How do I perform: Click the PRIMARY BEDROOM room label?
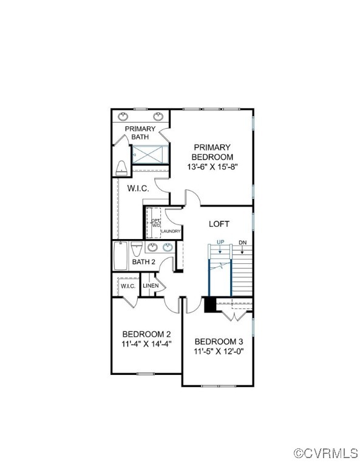coord(212,152)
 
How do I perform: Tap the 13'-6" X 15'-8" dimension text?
coord(212,167)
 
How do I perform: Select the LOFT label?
coord(219,224)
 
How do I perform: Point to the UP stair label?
coord(220,242)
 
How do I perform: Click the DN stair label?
coord(243,243)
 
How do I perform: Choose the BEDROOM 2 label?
coord(146,334)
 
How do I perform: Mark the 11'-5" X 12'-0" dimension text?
coord(219,351)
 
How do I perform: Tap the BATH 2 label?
coord(144,262)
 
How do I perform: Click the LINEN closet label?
coord(151,286)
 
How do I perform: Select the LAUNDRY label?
coord(171,231)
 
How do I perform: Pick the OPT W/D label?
coord(156,223)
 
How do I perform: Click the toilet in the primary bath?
coord(121,168)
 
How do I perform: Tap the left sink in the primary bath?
coord(123,116)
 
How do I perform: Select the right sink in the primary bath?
coord(158,116)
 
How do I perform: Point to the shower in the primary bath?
coord(150,155)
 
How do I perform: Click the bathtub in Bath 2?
coord(121,255)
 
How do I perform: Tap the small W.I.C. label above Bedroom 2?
coord(128,286)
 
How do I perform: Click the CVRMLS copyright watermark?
coord(325,453)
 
